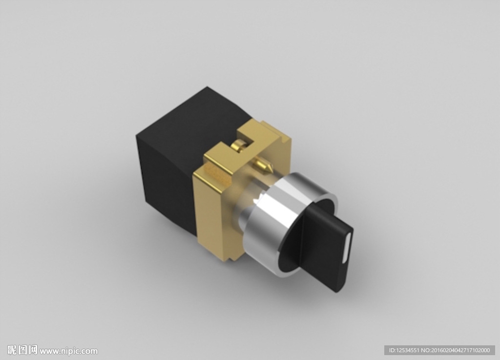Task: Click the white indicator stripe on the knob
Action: coord(347,248)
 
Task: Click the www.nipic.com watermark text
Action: coord(68,351)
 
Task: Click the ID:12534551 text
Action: coord(404,350)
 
